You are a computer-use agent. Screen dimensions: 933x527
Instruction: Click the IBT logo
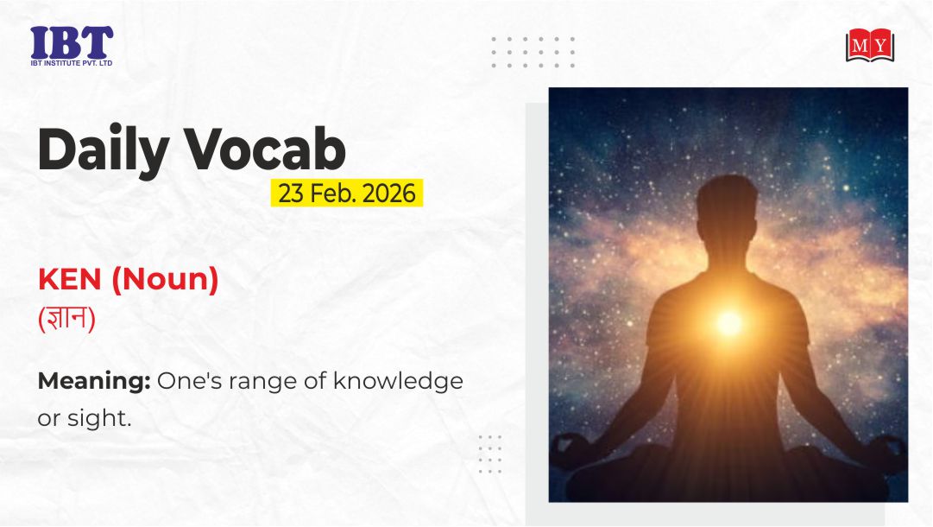pyautogui.click(x=72, y=45)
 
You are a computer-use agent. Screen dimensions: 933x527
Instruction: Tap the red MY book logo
pyautogui.click(x=870, y=45)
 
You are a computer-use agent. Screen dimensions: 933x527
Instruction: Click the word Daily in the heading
pyautogui.click(x=104, y=149)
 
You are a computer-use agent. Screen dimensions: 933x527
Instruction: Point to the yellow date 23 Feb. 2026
pyautogui.click(x=347, y=193)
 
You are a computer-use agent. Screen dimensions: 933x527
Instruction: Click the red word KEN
pyautogui.click(x=70, y=279)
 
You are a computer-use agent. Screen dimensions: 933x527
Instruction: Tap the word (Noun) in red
pyautogui.click(x=166, y=280)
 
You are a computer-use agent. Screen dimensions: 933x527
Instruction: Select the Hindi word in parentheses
pyautogui.click(x=66, y=319)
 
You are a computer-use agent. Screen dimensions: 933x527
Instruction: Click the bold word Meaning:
pyautogui.click(x=94, y=381)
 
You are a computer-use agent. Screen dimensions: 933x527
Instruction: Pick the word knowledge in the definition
pyautogui.click(x=398, y=380)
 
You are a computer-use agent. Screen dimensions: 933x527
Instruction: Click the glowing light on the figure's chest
pyautogui.click(x=728, y=322)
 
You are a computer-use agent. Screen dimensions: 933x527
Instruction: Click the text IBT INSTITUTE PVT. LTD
pyautogui.click(x=72, y=63)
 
